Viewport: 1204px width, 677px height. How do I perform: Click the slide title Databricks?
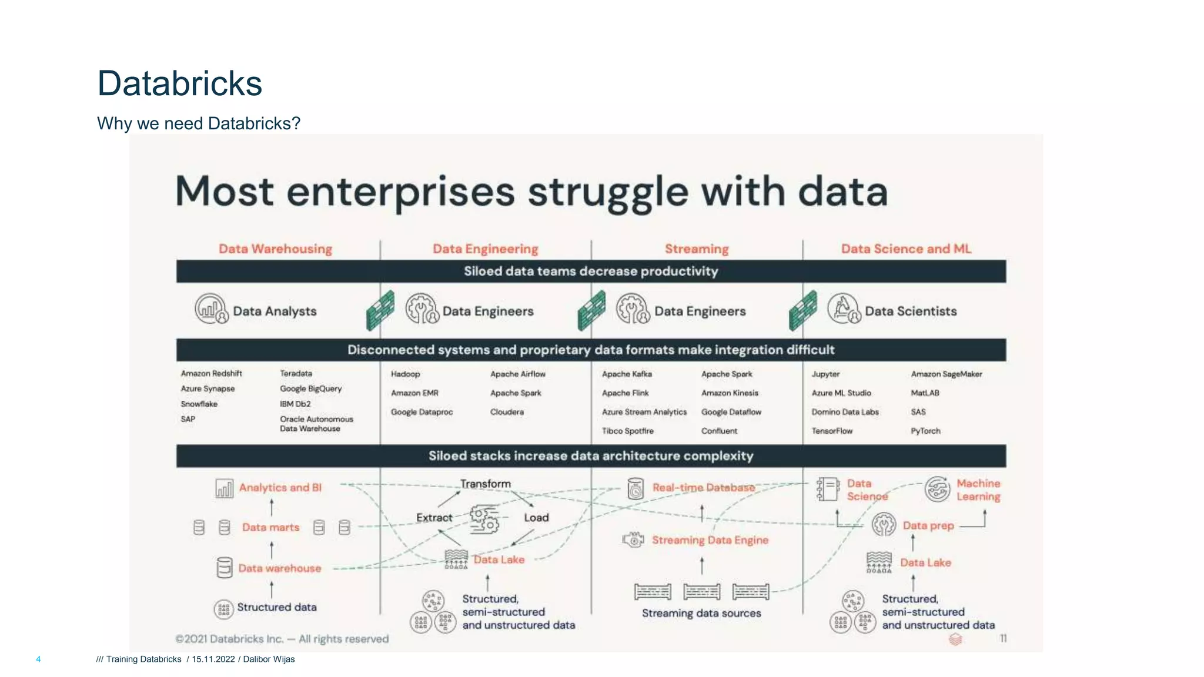click(179, 83)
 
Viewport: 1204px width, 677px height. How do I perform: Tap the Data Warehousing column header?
click(275, 249)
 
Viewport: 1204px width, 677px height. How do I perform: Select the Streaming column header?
click(697, 249)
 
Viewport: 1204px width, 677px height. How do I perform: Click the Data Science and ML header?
click(906, 249)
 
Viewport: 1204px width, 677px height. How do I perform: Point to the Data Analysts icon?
click(211, 309)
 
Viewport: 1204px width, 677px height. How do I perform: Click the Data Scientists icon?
click(844, 309)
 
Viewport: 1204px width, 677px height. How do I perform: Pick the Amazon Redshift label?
click(211, 374)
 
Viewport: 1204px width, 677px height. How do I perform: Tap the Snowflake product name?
click(199, 404)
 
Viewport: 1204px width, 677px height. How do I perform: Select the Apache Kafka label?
click(627, 374)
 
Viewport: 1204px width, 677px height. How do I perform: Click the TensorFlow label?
click(832, 431)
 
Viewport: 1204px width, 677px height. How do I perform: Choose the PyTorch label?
click(925, 431)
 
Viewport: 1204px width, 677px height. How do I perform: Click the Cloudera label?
click(507, 413)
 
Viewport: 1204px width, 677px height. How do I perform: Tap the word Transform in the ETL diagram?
click(486, 484)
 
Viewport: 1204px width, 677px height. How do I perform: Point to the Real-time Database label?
click(703, 488)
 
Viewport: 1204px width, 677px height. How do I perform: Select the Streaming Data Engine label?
click(710, 540)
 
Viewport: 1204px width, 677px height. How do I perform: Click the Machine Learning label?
click(978, 490)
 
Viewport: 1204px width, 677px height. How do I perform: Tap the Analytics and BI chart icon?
click(224, 488)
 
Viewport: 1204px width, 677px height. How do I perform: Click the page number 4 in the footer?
click(38, 659)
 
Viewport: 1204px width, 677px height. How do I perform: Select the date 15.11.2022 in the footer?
click(213, 659)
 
